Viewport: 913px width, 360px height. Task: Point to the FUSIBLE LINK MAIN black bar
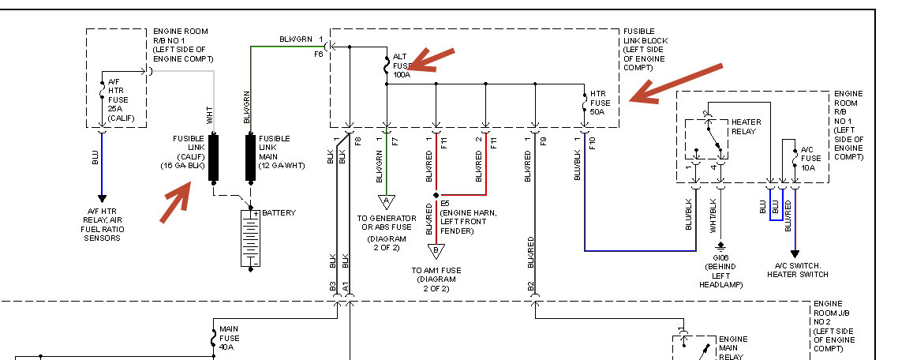[x=250, y=157]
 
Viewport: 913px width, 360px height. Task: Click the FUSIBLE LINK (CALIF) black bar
[x=213, y=157]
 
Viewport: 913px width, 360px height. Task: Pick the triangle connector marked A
[x=387, y=202]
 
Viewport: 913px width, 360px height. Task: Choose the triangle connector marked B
[x=436, y=251]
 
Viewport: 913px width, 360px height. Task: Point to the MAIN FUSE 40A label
[x=230, y=338]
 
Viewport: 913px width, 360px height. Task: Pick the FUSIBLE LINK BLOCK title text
[x=645, y=50]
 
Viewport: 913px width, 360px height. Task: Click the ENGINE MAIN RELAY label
[x=732, y=347]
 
